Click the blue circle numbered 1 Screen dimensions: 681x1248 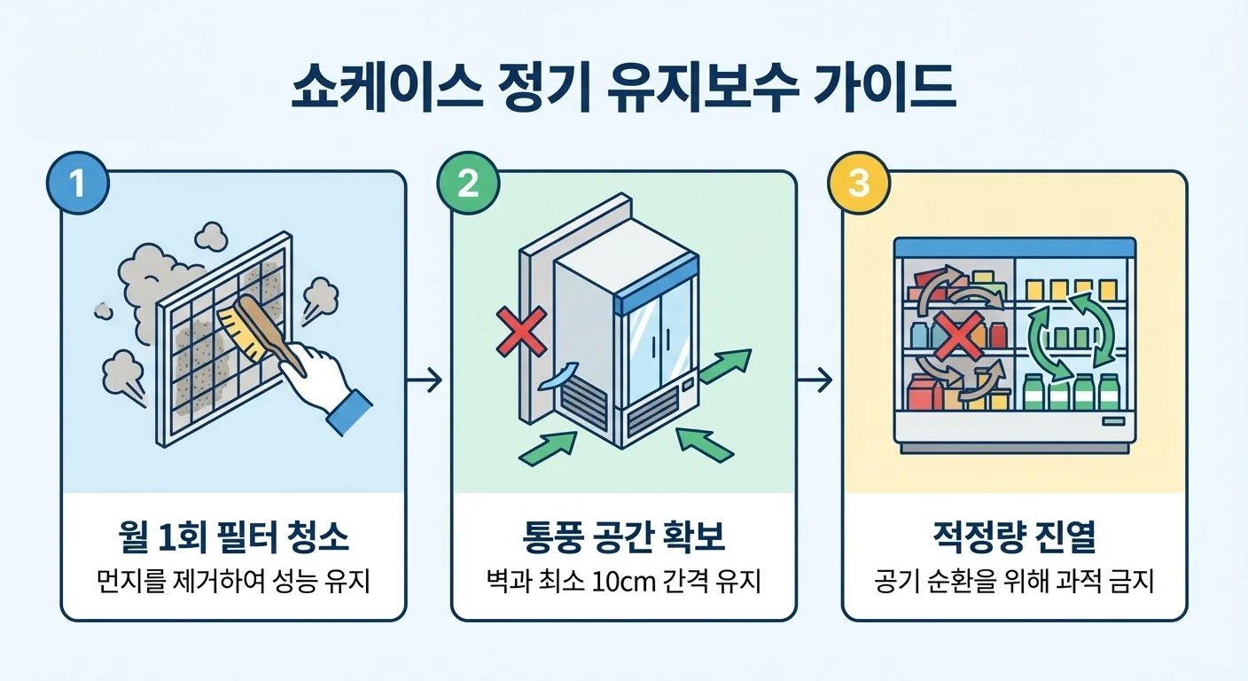tap(77, 184)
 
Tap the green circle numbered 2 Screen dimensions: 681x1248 tap(467, 184)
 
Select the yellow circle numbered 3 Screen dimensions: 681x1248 tap(857, 184)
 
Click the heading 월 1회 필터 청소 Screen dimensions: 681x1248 tap(232, 539)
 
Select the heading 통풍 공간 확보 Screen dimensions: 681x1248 tap(623, 539)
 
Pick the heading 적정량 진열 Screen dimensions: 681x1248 tap(1014, 539)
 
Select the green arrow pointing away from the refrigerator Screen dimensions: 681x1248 tap(725, 365)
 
